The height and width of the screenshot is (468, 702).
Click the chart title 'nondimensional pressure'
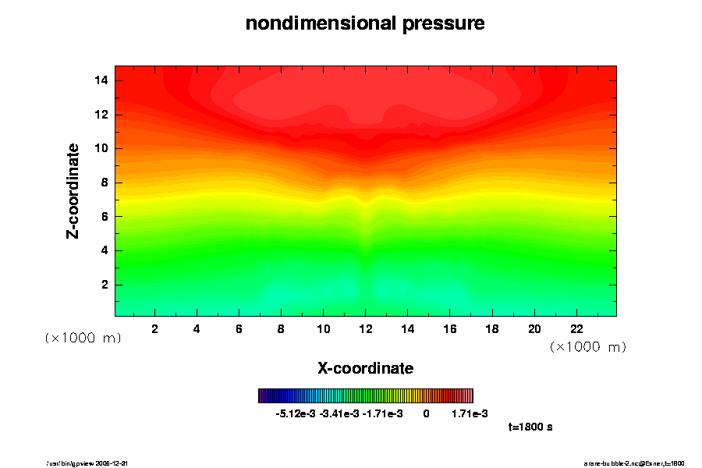click(365, 23)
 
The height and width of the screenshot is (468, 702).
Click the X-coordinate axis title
click(365, 367)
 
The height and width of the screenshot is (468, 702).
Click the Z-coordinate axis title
click(73, 190)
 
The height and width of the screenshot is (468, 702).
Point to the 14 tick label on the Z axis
click(101, 80)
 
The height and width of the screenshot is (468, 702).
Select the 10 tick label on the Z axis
click(101, 148)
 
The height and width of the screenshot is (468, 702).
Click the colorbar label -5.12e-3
click(295, 413)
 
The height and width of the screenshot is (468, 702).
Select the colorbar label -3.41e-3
click(339, 413)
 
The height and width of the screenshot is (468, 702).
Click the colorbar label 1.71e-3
click(470, 413)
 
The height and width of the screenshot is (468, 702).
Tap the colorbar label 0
click(426, 413)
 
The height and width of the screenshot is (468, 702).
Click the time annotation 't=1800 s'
click(530, 427)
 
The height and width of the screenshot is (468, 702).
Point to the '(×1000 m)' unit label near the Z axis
click(83, 338)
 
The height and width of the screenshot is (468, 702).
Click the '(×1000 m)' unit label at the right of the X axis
click(588, 346)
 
